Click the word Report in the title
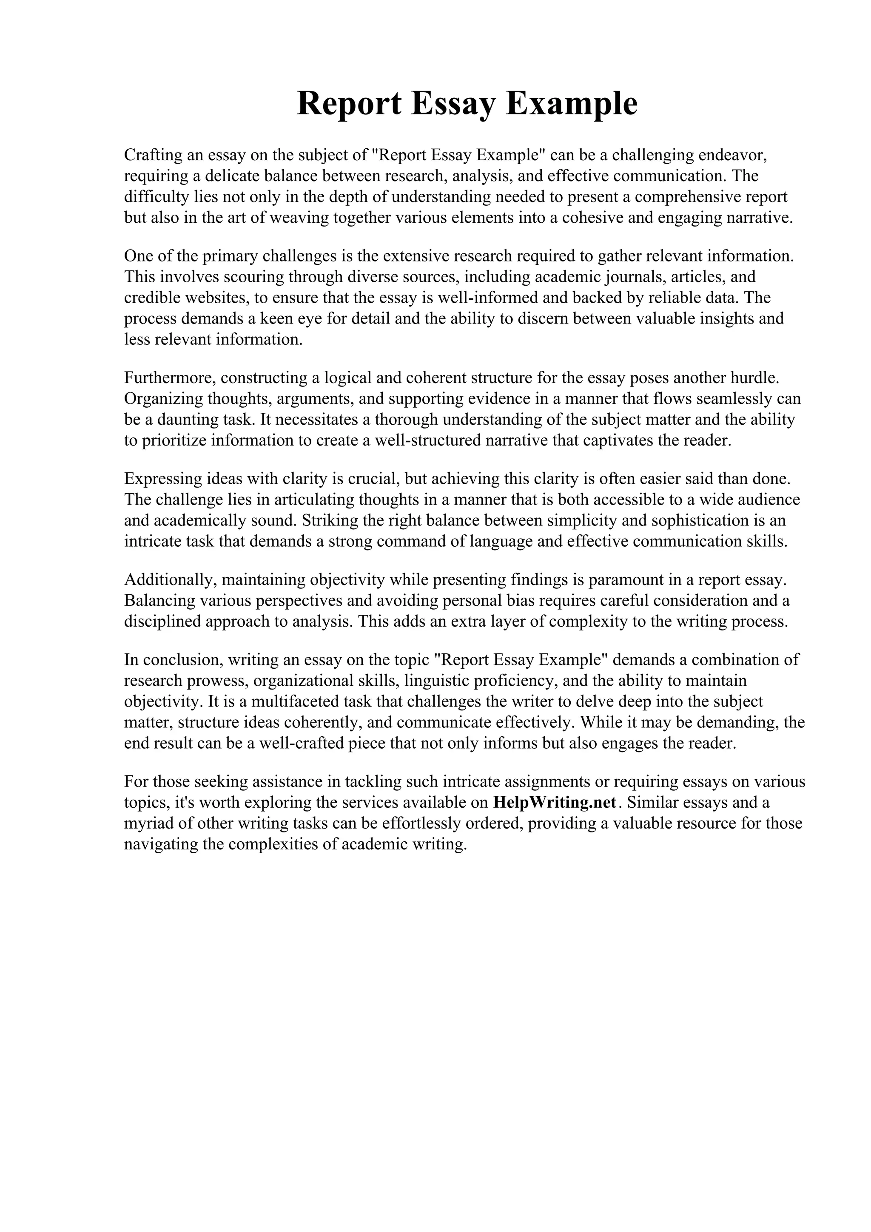click(349, 104)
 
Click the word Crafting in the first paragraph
click(153, 156)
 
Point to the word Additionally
click(170, 579)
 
